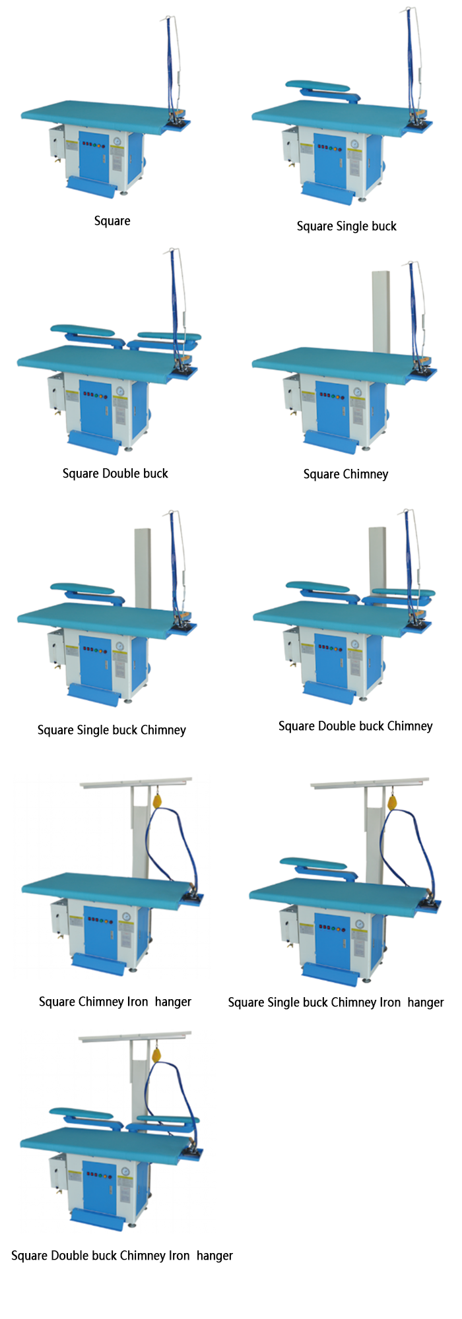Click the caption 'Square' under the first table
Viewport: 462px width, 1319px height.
(x=112, y=221)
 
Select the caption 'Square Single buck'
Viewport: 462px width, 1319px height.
(x=346, y=226)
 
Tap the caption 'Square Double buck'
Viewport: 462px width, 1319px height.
(x=115, y=474)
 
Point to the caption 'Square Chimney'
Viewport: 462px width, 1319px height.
(x=346, y=474)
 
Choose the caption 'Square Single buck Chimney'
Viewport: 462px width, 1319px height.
(x=112, y=730)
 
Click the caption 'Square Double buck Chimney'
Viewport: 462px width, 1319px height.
(x=355, y=726)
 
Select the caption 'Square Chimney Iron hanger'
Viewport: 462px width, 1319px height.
(x=115, y=1002)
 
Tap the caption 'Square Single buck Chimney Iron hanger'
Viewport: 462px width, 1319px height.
(x=336, y=1002)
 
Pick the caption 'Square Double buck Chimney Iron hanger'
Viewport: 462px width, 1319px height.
(x=122, y=1256)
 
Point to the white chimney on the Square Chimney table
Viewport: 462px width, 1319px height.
(x=381, y=310)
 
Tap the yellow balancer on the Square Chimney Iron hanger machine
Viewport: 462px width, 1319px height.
(x=158, y=802)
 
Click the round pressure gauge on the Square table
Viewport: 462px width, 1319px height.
(x=117, y=141)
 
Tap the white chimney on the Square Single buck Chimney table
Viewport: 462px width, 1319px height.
(x=143, y=567)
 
